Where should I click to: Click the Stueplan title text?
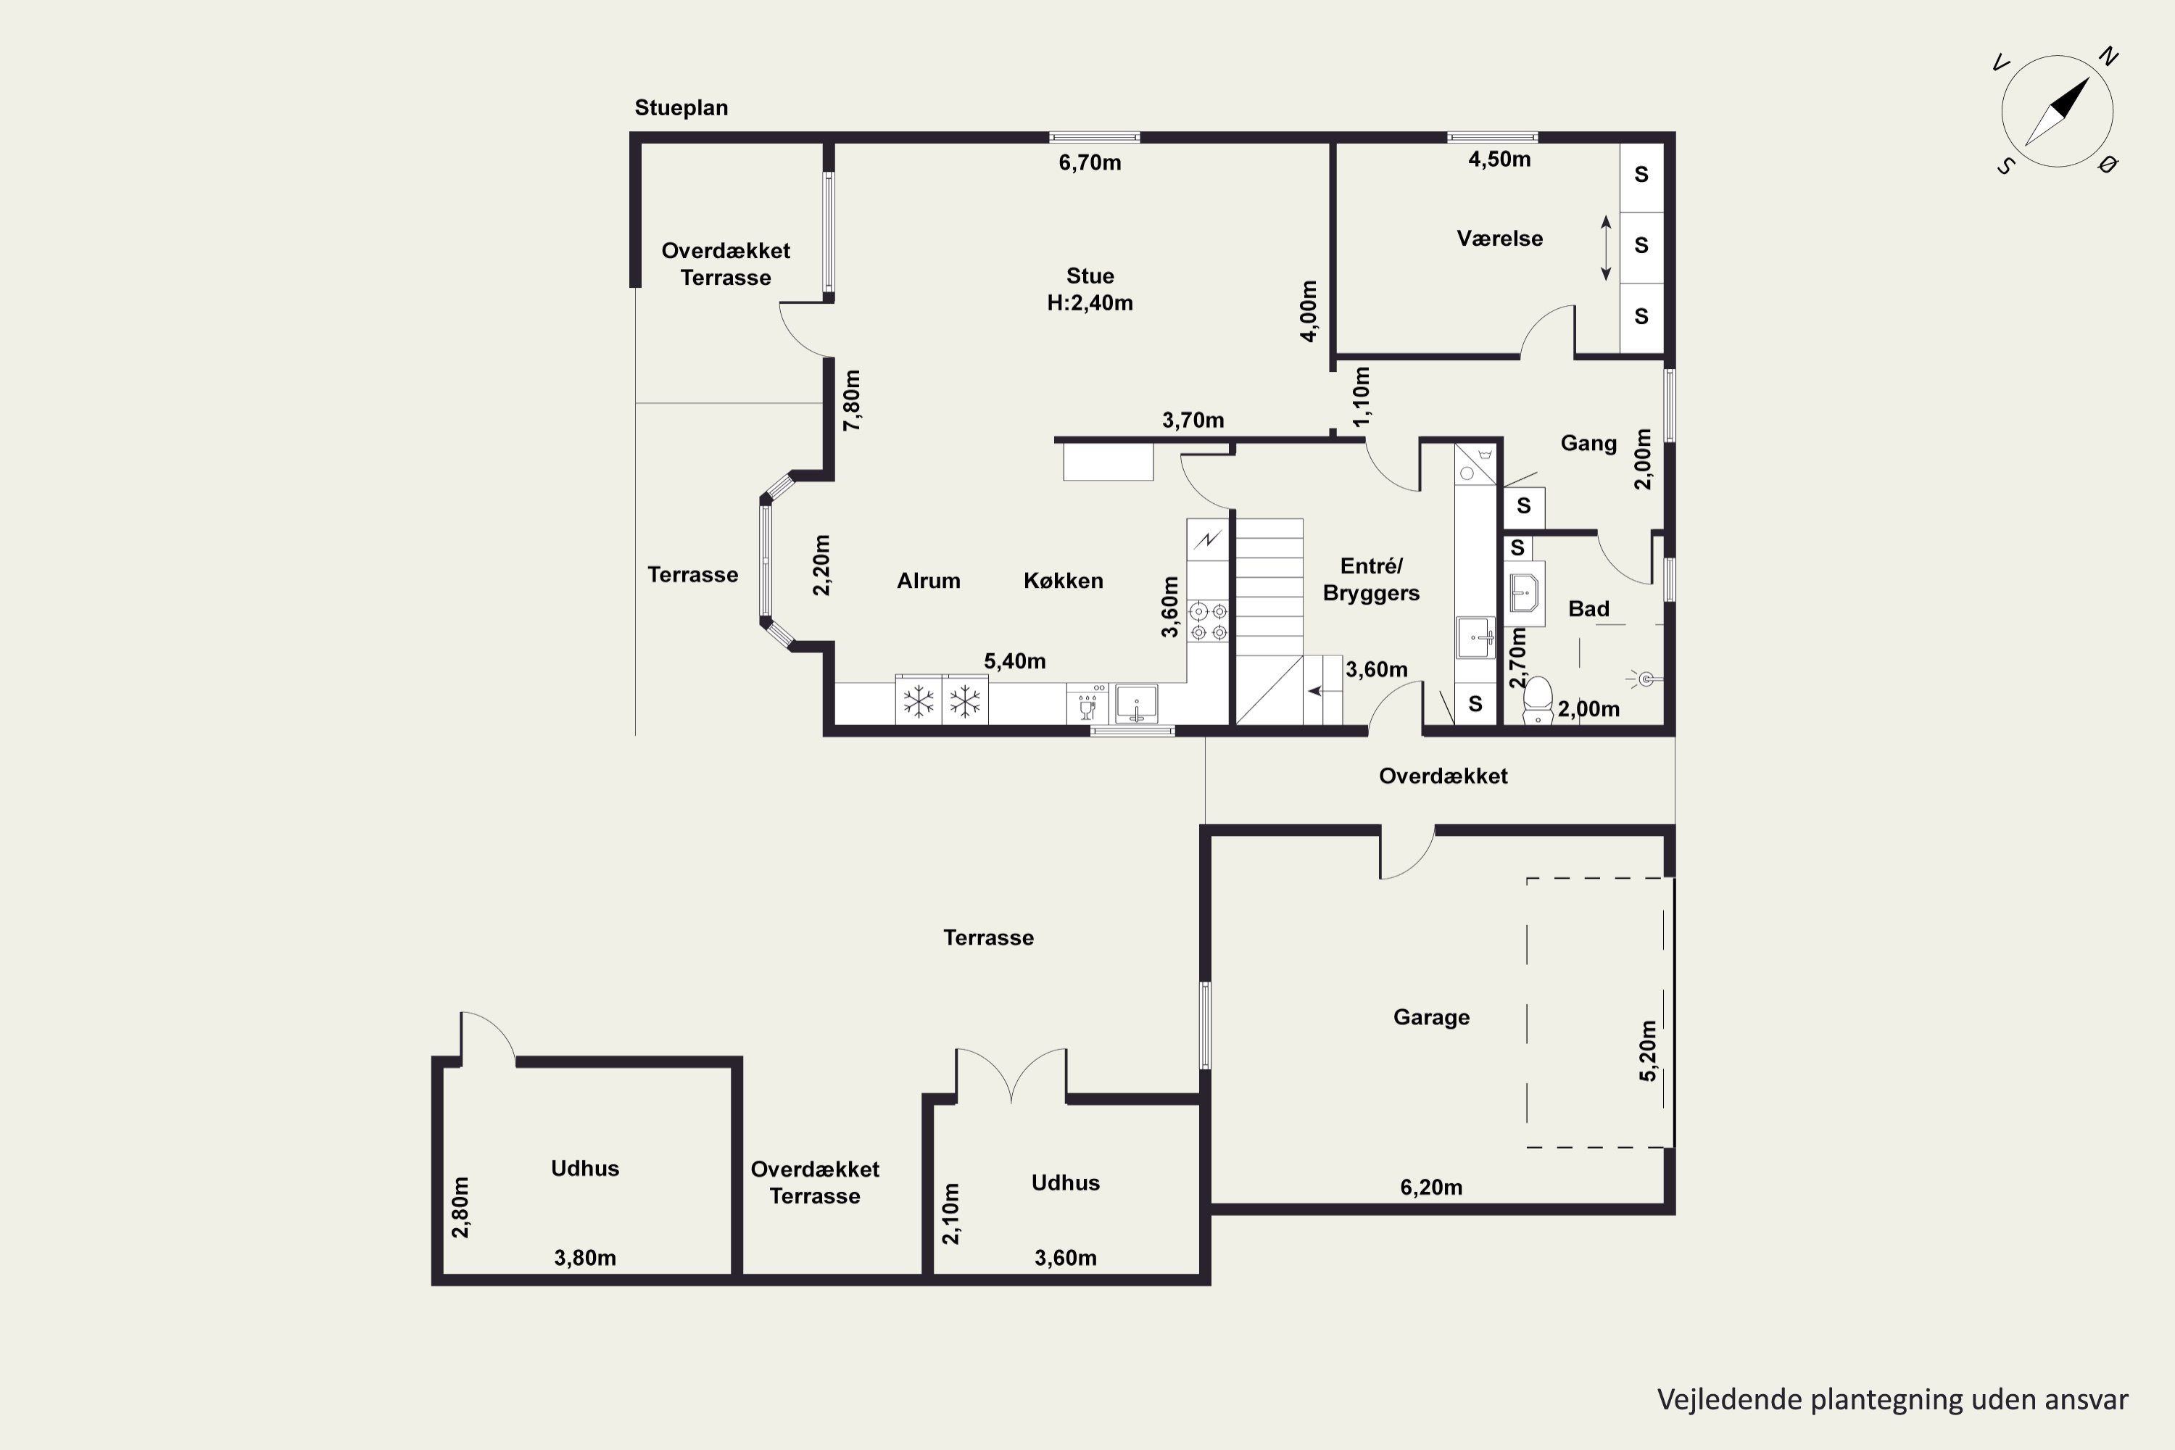point(681,108)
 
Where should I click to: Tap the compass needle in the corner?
point(2058,112)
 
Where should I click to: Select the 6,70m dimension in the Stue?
point(1090,162)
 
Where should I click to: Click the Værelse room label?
point(1499,239)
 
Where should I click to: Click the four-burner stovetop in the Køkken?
point(1209,621)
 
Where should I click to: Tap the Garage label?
point(1430,1017)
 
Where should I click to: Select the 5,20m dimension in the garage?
point(1647,1051)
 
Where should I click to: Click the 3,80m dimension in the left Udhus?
point(584,1258)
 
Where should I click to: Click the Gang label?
point(1588,443)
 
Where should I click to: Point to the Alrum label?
point(929,581)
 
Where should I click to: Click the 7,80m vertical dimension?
point(852,400)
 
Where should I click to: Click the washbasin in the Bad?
point(1524,593)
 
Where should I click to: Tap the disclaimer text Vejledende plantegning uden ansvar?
point(1892,1399)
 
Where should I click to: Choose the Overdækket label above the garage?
point(1443,776)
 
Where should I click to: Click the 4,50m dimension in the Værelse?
point(1499,159)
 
